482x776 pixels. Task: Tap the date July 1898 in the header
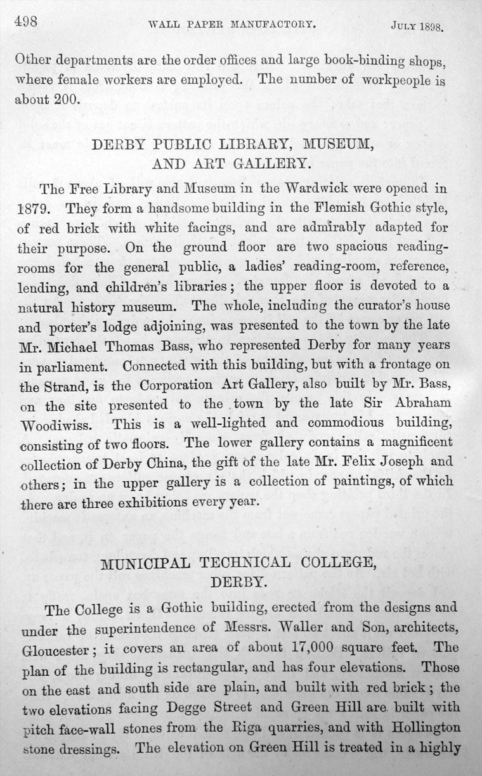416,28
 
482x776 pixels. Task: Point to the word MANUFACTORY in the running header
269,25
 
